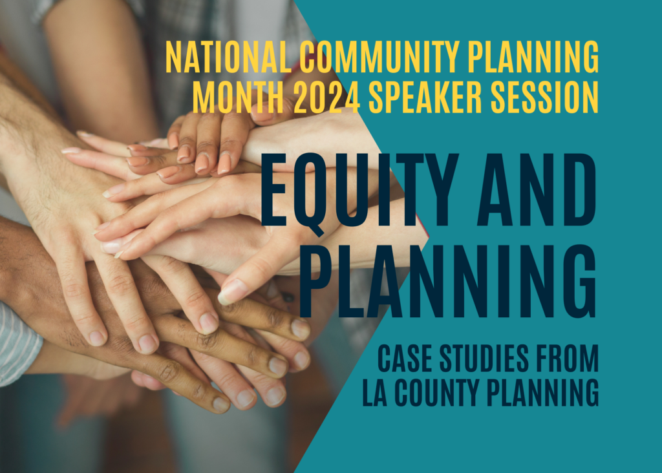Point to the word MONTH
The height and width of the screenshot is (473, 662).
(238, 98)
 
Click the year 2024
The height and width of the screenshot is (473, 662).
(326, 98)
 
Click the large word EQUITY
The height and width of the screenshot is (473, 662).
(359, 190)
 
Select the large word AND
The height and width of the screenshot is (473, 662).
(537, 190)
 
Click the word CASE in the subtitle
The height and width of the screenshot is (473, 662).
(405, 358)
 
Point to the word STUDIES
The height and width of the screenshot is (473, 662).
(484, 358)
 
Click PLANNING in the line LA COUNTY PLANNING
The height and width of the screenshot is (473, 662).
(543, 393)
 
